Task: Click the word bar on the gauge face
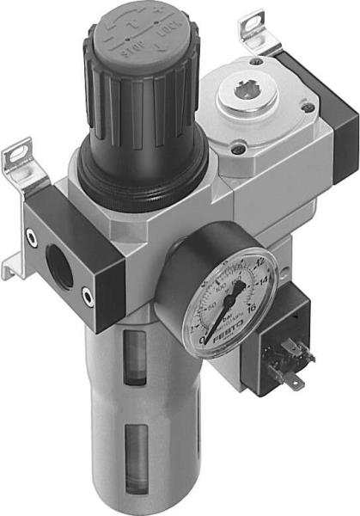click(231, 321)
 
